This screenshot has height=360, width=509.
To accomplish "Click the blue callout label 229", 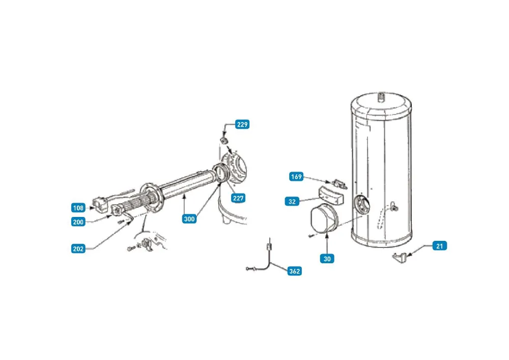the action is point(242,124).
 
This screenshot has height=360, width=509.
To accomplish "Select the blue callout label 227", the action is point(238,198).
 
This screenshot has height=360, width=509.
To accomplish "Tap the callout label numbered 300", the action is point(189,219).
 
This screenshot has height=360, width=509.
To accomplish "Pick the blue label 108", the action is point(78,208).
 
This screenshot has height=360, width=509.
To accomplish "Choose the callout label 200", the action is point(78,222).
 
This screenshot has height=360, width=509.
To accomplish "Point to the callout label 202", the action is point(78,249).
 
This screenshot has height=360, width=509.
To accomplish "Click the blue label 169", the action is point(296,177).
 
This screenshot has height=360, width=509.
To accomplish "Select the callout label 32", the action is point(292,201).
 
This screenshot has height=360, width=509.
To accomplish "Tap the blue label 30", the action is point(327,259).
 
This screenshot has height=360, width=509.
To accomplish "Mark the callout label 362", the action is point(294,271).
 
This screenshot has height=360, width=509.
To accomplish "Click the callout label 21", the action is point(440,246).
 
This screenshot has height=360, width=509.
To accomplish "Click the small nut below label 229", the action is point(224,141).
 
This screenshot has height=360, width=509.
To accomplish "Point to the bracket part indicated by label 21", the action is point(400,258).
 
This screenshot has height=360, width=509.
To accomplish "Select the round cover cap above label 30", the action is point(324,219).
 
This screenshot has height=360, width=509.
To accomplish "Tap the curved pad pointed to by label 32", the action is point(330,195).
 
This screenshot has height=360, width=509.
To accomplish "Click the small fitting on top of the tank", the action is point(382,96).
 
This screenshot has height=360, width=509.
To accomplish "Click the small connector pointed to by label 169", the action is point(339,184).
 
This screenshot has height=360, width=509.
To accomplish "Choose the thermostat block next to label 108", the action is point(100,204).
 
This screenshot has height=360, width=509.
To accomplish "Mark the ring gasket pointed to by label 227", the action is point(221,173).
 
